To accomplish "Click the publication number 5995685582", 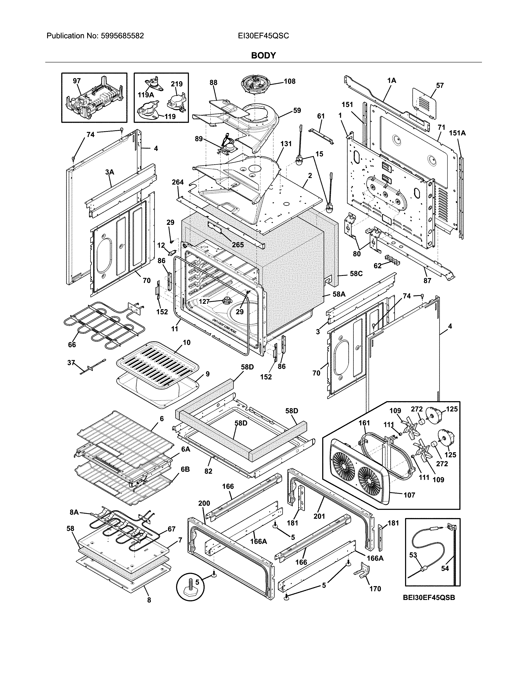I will (x=122, y=36).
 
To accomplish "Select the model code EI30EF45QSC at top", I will (x=263, y=36).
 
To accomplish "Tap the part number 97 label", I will (x=77, y=81).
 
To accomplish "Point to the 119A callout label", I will (x=146, y=95).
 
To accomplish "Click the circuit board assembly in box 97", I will (x=94, y=100).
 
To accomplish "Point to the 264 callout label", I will (x=178, y=182).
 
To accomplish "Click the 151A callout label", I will (x=457, y=133).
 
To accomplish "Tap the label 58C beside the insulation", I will (x=356, y=274).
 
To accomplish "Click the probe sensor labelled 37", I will (x=92, y=366).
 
